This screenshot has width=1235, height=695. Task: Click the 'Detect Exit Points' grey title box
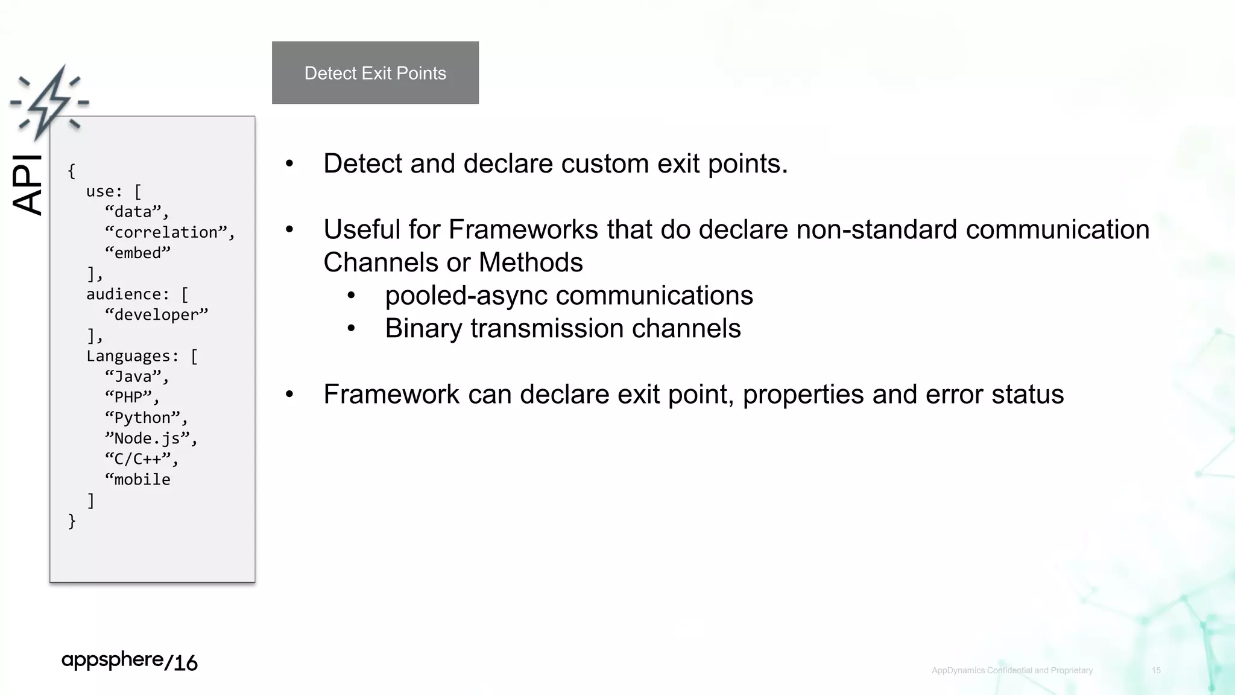click(375, 73)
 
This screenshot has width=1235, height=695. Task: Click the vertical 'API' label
click(28, 185)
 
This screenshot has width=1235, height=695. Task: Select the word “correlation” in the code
click(166, 232)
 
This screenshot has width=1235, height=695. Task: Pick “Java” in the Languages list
click(134, 376)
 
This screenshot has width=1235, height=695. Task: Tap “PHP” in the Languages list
click(129, 397)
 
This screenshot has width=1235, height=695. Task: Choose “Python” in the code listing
click(143, 417)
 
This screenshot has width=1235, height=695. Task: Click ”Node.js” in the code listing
click(148, 438)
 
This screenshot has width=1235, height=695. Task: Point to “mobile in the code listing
click(138, 480)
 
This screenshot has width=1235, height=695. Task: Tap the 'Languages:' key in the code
click(133, 356)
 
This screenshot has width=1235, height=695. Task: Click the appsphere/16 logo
click(130, 661)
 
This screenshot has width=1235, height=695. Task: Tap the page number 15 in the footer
click(1156, 670)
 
